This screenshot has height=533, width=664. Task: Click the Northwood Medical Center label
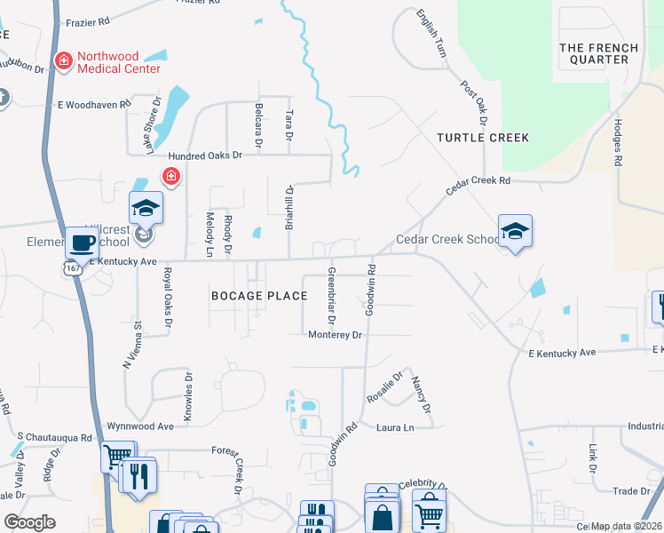point(119,62)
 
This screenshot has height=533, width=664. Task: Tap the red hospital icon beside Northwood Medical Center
point(64,61)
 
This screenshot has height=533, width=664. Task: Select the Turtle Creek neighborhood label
point(483,138)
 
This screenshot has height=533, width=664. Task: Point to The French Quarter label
point(599,53)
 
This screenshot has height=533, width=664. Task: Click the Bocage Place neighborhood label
point(258,295)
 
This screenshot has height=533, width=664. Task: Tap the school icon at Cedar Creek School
point(515,231)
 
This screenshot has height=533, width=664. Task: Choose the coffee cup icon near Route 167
point(82,243)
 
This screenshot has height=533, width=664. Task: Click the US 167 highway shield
point(74,268)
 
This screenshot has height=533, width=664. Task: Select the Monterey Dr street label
point(336,335)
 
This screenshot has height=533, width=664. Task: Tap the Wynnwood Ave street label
point(140,426)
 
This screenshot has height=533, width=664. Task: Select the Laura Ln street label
point(395,428)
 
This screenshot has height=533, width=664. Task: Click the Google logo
point(29,522)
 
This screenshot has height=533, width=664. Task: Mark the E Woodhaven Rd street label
point(94,104)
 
